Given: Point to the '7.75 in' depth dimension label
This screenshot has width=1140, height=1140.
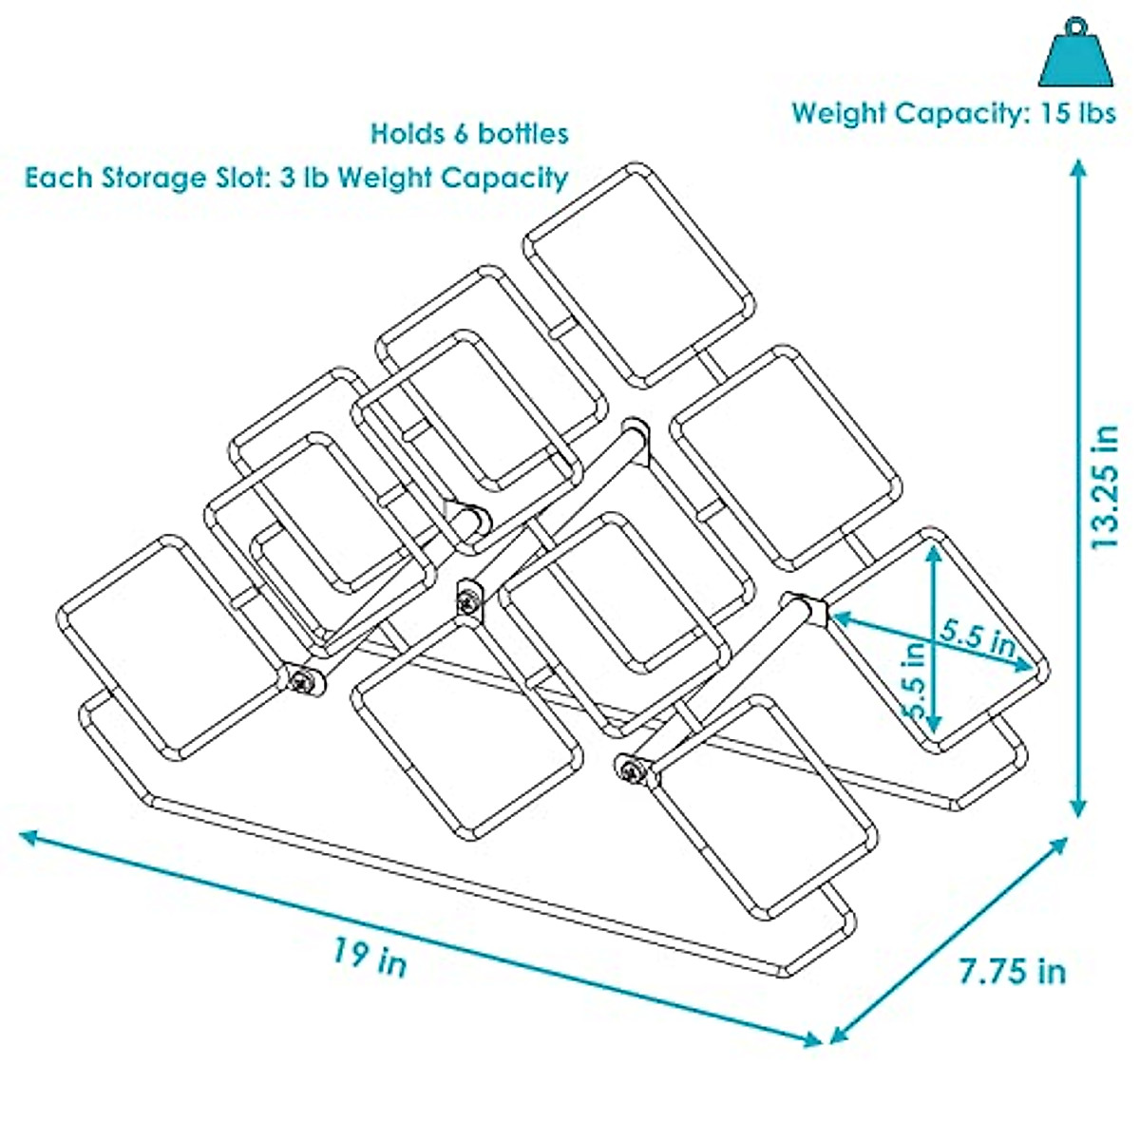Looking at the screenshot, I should pyautogui.click(x=1012, y=971).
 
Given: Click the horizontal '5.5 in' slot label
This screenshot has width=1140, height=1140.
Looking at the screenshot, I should pyautogui.click(x=978, y=635).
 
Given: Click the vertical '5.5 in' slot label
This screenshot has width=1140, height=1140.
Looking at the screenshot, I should pyautogui.click(x=914, y=681).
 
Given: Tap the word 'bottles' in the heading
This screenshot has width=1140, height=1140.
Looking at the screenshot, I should pyautogui.click(x=523, y=133).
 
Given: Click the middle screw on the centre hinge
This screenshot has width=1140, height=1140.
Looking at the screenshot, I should pyautogui.click(x=467, y=599).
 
